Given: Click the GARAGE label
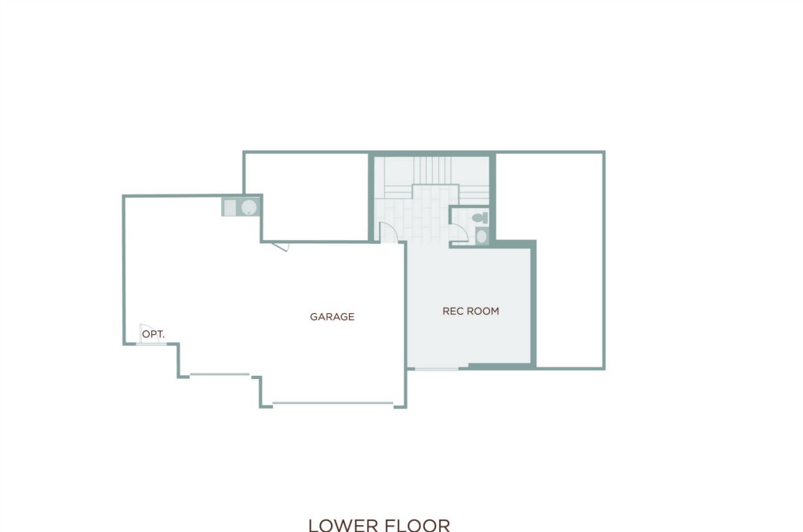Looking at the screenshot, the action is point(332,317).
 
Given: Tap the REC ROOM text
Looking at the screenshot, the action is point(471,311).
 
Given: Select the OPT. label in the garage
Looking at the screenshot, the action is point(153,335).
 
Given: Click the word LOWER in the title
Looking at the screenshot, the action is point(343,526).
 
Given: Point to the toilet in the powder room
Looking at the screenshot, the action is point(481,217).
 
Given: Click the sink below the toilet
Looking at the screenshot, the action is point(481,236).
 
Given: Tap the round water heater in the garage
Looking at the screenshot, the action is point(249,208).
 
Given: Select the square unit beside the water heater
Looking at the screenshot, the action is point(230,208).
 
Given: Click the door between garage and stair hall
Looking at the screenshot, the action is point(388,232).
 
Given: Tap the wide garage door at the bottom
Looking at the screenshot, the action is point(332,404).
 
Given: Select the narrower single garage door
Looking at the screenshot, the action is point(220,374).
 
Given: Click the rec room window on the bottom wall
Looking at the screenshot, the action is point(436,368).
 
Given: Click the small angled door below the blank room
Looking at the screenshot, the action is point(281,246).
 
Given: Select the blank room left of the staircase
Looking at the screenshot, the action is point(307,197).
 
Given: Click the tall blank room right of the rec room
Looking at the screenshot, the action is point(569,260).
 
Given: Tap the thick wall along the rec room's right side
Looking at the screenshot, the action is point(533,304).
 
